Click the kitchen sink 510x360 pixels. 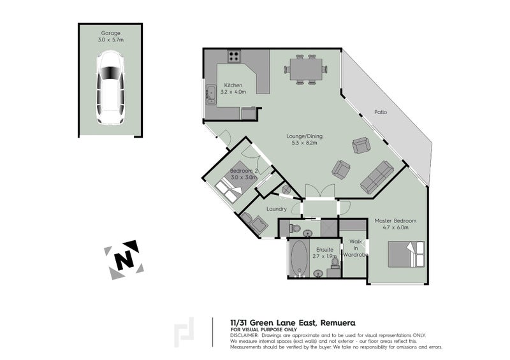tap(210, 95)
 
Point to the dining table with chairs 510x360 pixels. tap(303, 69)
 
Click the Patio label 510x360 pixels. tap(381, 112)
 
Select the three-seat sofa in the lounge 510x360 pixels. tap(377, 176)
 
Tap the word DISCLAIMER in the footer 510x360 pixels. tap(246, 334)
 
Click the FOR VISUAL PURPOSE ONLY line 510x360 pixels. tap(259, 329)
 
